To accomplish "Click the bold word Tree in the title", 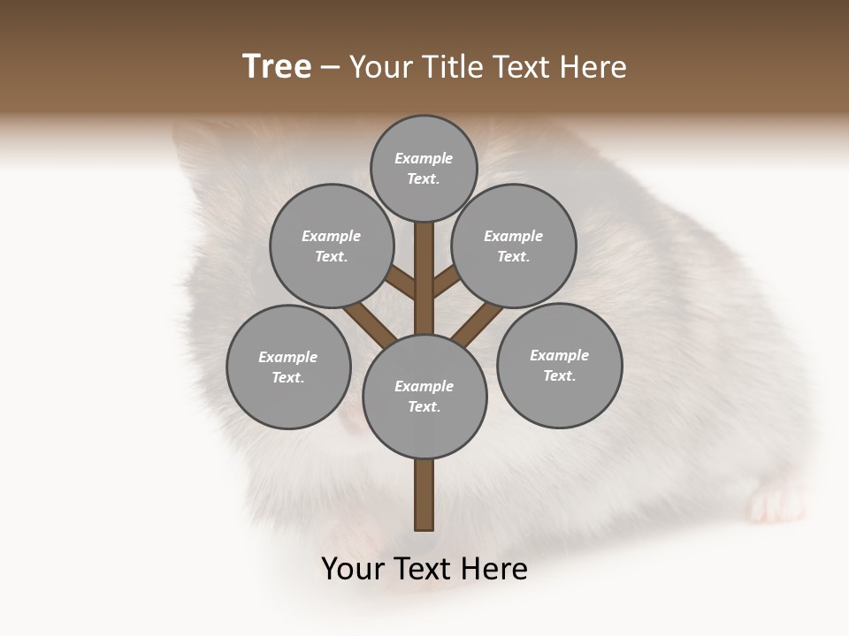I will coord(277,67).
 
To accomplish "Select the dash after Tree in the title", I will coord(330,68).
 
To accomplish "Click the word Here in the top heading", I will coord(593,67).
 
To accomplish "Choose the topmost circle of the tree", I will coord(424,168).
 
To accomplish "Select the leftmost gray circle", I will coord(288,367).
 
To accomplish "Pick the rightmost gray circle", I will coord(559,365).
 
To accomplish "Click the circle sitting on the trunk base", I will coord(424,396).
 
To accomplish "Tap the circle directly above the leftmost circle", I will coord(332,246).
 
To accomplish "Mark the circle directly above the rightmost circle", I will coord(514,246).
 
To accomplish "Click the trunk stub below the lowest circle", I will coord(424,495).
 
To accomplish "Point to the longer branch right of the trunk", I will coord(476,322).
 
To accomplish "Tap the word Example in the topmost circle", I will coord(424,159).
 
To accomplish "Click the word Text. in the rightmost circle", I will coord(559,376).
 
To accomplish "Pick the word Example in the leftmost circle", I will coord(287,358).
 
